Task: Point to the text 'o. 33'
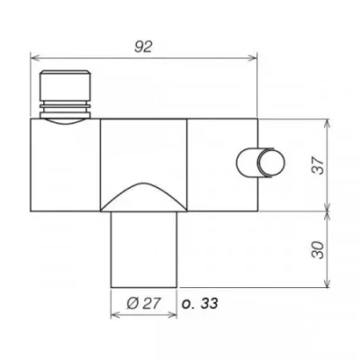[200, 304]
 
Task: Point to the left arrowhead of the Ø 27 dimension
[114, 317]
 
